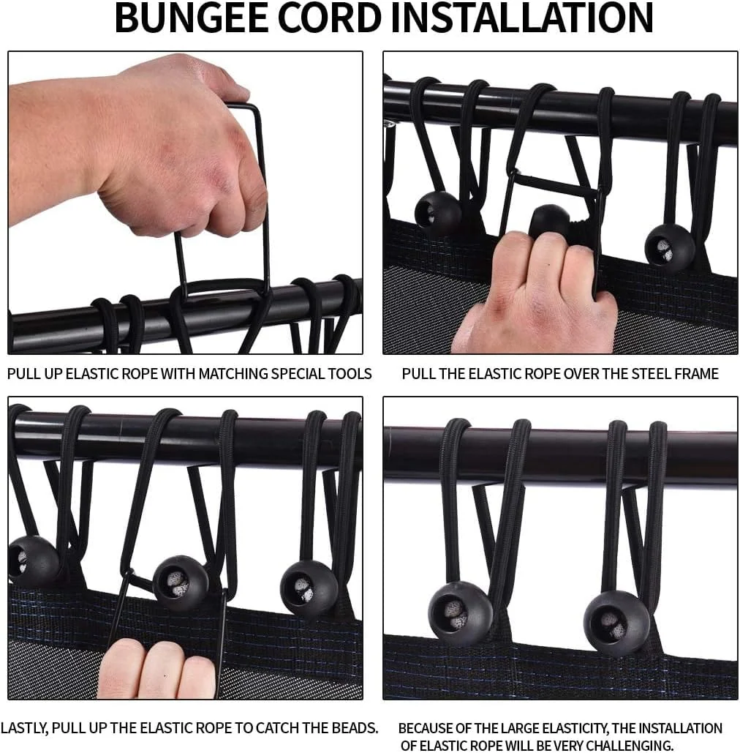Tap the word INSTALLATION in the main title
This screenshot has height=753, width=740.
tap(522, 18)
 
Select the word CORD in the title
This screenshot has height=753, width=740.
tap(330, 18)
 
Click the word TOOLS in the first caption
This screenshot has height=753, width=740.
tap(350, 374)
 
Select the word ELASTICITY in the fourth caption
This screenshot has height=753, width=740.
tap(565, 729)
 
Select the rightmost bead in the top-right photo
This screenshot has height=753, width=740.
tap(670, 248)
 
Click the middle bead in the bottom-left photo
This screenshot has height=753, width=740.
tap(181, 582)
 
